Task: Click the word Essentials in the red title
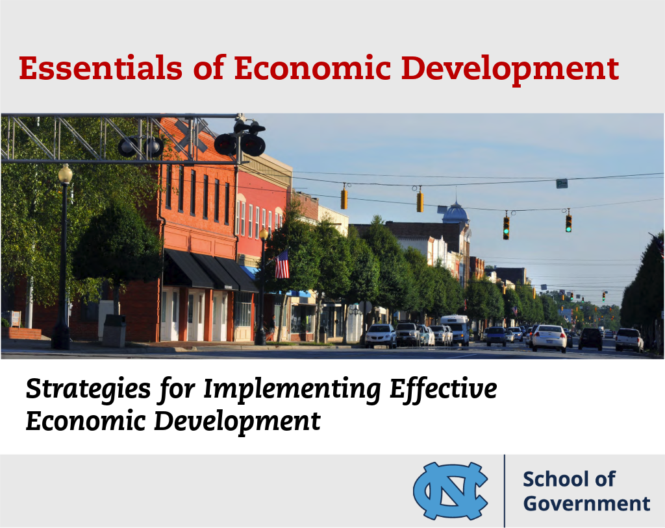(x=101, y=68)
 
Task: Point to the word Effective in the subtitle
(x=443, y=389)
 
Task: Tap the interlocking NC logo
(x=451, y=491)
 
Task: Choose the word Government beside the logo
(x=586, y=503)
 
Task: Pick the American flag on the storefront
(x=282, y=265)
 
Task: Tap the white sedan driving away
(x=549, y=338)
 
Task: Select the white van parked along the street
(x=455, y=329)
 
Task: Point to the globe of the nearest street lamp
(x=66, y=174)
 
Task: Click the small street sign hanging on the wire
(x=562, y=184)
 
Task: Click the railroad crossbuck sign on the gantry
(x=192, y=135)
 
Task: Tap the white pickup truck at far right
(x=629, y=339)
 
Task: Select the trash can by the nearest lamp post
(x=114, y=331)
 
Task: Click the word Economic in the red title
(x=312, y=68)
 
